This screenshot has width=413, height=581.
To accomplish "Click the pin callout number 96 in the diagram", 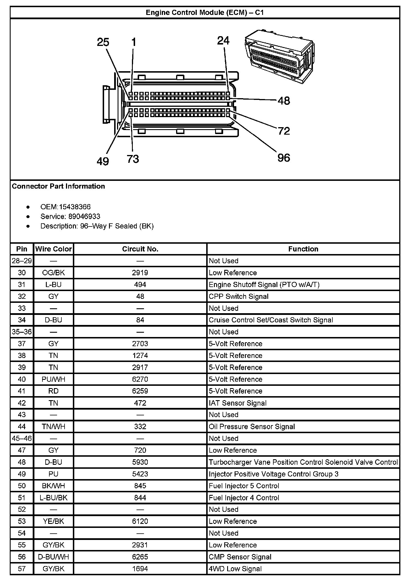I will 284,158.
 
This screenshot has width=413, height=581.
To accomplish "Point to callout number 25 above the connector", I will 103,42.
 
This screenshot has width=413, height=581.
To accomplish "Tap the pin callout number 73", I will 133,159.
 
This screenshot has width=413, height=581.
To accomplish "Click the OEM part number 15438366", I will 75,207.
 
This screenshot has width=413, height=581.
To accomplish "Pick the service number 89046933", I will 84,216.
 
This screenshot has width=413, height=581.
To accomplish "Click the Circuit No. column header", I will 140,249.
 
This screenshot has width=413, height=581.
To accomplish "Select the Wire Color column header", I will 53,249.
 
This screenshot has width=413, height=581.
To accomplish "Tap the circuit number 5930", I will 140,462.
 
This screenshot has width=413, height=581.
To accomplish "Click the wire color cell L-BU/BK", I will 53,498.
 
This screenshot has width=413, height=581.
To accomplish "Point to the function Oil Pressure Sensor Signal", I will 252,427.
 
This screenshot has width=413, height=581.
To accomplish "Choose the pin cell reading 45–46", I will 22,438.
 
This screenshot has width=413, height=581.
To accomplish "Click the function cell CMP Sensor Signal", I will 240,557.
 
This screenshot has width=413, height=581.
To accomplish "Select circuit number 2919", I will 140,273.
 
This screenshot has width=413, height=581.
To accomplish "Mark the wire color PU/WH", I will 53,379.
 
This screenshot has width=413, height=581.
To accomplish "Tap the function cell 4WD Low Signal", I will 235,569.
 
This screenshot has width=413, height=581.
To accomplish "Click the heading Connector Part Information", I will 59,186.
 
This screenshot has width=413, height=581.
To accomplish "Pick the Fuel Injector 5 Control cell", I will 244,486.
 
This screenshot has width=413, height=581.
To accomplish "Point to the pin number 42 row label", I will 22,403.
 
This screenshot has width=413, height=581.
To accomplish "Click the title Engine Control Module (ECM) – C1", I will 205,13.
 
